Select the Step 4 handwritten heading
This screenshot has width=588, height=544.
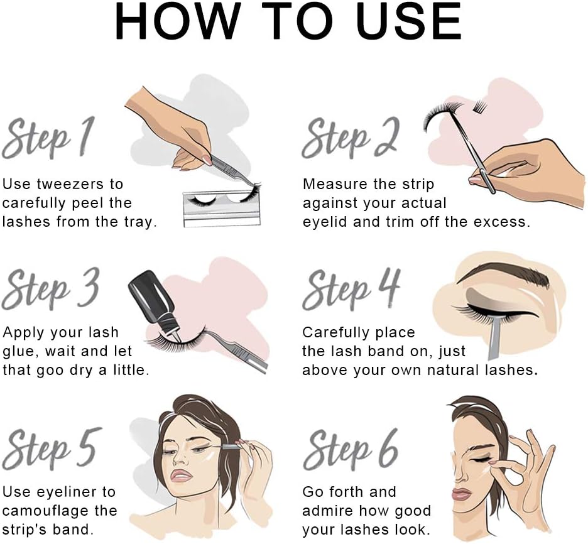[351, 289]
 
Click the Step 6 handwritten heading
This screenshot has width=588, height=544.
[351, 450]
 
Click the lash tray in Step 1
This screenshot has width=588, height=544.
[222, 209]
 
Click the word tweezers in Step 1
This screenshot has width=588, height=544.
[70, 184]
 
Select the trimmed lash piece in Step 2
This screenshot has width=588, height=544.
[481, 105]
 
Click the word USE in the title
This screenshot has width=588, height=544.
[410, 21]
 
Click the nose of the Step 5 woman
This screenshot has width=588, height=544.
[183, 456]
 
